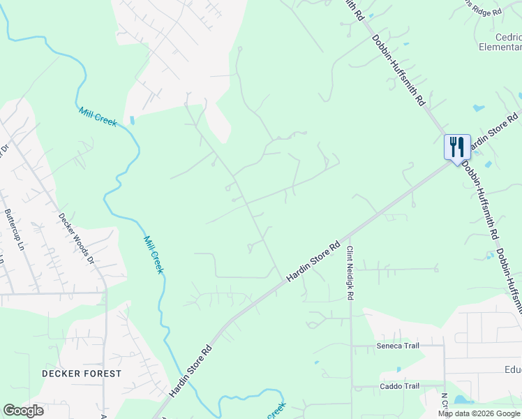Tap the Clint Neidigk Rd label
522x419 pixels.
[350, 273]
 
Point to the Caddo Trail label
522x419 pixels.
[399, 386]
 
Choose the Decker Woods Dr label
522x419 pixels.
[76, 237]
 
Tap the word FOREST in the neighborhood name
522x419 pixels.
[102, 374]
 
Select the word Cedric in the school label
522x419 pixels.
[505, 37]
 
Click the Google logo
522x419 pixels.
[23, 411]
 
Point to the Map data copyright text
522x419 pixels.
[479, 413]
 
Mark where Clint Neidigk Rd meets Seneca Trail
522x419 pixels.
[352, 344]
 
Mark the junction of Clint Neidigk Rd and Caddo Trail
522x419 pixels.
[352, 386]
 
